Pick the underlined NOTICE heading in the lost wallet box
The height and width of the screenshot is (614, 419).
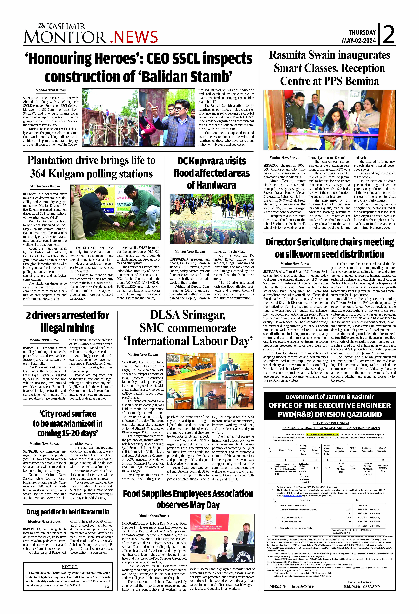(69, 567)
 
